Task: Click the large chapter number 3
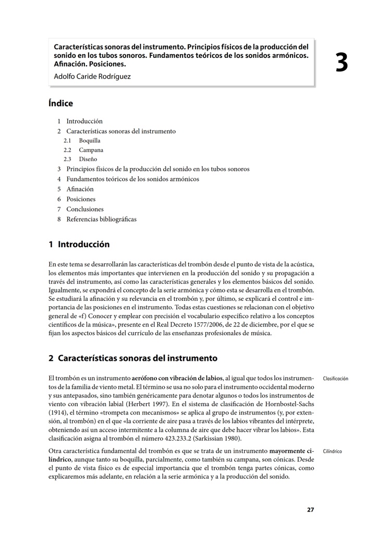[342, 63]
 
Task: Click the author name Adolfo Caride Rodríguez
[92, 77]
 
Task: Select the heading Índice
[60, 103]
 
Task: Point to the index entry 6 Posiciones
[77, 199]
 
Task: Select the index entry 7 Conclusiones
[80, 209]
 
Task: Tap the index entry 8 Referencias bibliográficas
[96, 219]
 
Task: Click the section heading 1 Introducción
[79, 244]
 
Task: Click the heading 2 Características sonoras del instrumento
[132, 358]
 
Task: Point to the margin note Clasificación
[336, 379]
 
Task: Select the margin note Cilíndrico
[333, 451]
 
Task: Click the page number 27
[310, 510]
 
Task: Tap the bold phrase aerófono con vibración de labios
[177, 378]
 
